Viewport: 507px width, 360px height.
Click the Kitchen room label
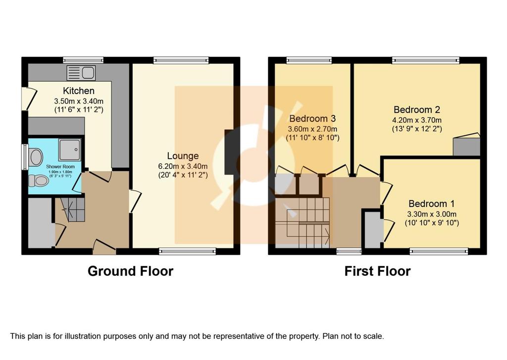[79, 91]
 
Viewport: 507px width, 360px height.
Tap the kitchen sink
[81, 73]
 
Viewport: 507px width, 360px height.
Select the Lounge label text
[183, 156]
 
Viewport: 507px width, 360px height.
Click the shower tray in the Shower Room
[69, 150]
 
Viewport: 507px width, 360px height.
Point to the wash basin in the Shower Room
[35, 157]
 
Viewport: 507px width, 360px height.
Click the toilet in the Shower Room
[38, 181]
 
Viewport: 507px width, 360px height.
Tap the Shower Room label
[60, 166]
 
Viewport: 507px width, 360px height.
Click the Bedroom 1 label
[431, 204]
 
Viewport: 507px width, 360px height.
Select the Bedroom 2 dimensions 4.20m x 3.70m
[417, 120]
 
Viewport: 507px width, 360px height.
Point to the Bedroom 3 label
[312, 118]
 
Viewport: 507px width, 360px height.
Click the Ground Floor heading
[130, 271]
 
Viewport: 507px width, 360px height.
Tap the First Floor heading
[377, 271]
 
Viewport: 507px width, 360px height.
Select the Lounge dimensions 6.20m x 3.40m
[183, 166]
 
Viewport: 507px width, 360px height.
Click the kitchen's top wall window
[83, 60]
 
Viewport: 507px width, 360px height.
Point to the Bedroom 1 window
[439, 251]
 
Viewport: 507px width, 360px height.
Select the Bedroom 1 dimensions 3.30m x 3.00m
[432, 214]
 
